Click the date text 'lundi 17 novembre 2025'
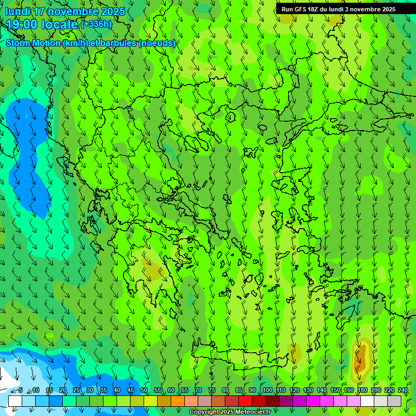pos(65,11)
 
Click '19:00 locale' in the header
pos(42,24)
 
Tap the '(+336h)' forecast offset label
pos(96,24)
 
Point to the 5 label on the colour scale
pos(20,390)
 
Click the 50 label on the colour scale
pos(144,390)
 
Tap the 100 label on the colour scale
pos(267,390)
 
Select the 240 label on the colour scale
pos(402,390)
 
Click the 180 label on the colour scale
pos(362,390)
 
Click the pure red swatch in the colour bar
pos(245,401)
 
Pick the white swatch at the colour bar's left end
pos(15,401)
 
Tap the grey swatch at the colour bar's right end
pos(394,401)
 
